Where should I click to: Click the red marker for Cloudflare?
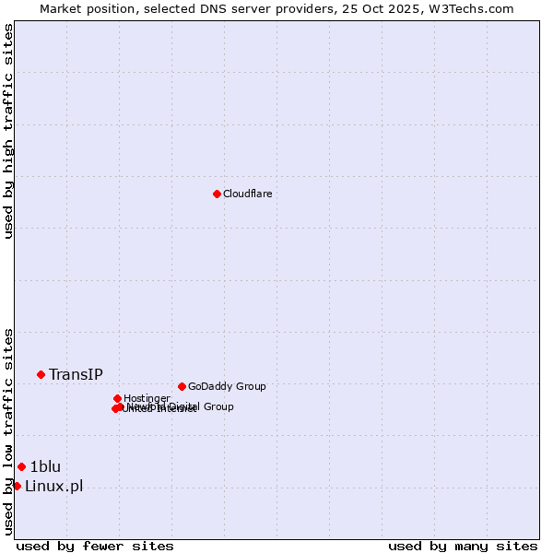pos(217,194)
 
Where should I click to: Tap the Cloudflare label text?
pos(247,194)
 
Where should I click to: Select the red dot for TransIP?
pos(41,374)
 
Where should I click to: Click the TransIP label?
pos(76,374)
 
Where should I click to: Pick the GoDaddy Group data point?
pos(182,386)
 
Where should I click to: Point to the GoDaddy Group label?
pos(227,386)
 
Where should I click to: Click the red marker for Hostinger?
pos(117,398)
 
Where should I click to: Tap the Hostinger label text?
pos(147,398)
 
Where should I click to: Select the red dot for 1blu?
pos(21,466)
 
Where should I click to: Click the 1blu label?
pos(45,466)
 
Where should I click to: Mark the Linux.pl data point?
pos(17,486)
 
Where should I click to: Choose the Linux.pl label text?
pos(53,486)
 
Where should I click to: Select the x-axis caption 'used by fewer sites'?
pos(95,546)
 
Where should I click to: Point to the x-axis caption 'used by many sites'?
pos(463,546)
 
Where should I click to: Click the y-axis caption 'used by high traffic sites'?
pos(9,131)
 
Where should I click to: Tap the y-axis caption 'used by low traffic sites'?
pos(9,430)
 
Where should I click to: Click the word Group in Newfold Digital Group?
pos(218,406)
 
